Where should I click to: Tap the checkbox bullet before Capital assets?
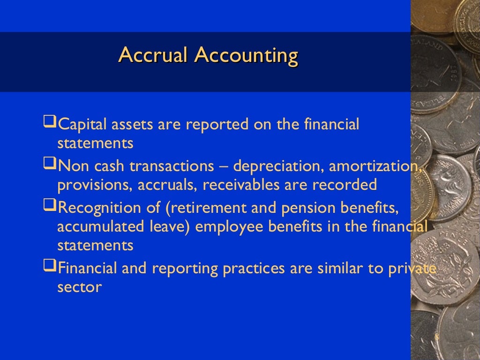(49, 124)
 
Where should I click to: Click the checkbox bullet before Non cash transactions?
(49, 165)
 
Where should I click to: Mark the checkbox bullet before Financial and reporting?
(49, 268)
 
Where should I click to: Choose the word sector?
(79, 287)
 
